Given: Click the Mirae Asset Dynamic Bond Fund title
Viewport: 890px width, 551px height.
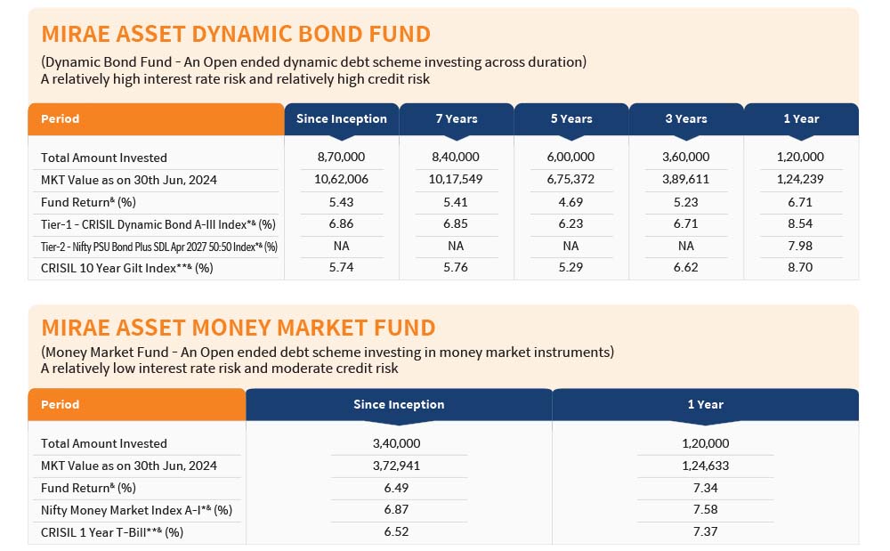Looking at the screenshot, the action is tap(236, 34).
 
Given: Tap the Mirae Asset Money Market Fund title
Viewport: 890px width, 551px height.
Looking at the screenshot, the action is tap(239, 328).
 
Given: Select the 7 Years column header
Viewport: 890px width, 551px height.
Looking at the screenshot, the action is tap(457, 118).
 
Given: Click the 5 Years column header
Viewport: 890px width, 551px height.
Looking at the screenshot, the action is tap(571, 118).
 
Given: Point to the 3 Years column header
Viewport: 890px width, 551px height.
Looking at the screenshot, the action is tap(686, 118).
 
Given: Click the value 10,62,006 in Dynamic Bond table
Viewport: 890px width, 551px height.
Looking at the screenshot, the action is tap(341, 179).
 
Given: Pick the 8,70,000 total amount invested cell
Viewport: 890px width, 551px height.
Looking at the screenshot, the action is tap(341, 157).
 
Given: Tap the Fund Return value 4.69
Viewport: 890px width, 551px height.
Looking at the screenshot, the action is tap(571, 202).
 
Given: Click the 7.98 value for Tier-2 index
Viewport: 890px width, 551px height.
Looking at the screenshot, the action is tap(800, 246).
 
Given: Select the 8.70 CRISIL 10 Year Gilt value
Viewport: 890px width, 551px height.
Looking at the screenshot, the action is tap(800, 267).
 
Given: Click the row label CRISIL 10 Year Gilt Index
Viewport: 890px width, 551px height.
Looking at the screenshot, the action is tap(126, 268).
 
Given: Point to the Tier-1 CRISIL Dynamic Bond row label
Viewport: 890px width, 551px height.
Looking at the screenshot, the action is tap(158, 224).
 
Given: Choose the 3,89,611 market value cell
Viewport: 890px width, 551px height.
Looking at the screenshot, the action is tap(685, 179).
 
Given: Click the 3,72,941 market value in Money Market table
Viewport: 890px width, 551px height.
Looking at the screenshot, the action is tap(396, 466).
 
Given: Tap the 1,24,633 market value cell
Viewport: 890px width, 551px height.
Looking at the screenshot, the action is tap(706, 466).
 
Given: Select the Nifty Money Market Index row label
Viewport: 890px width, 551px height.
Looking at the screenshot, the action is tap(136, 510).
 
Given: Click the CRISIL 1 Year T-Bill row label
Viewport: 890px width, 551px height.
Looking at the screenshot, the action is tap(112, 532).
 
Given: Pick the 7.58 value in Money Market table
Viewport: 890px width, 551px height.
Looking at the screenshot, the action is tap(706, 509).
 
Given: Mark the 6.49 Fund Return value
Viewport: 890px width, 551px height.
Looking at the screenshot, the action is tap(396, 488).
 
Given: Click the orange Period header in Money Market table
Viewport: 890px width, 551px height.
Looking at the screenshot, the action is tap(137, 405).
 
